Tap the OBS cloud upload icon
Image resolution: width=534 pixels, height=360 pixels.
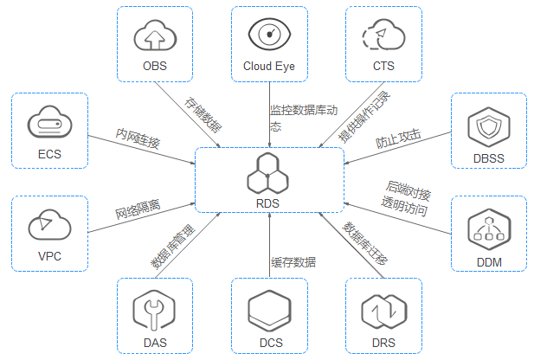[x=154, y=36]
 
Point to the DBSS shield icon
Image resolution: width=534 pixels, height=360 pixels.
[x=487, y=128]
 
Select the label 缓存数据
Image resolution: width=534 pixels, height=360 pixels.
[x=293, y=262]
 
